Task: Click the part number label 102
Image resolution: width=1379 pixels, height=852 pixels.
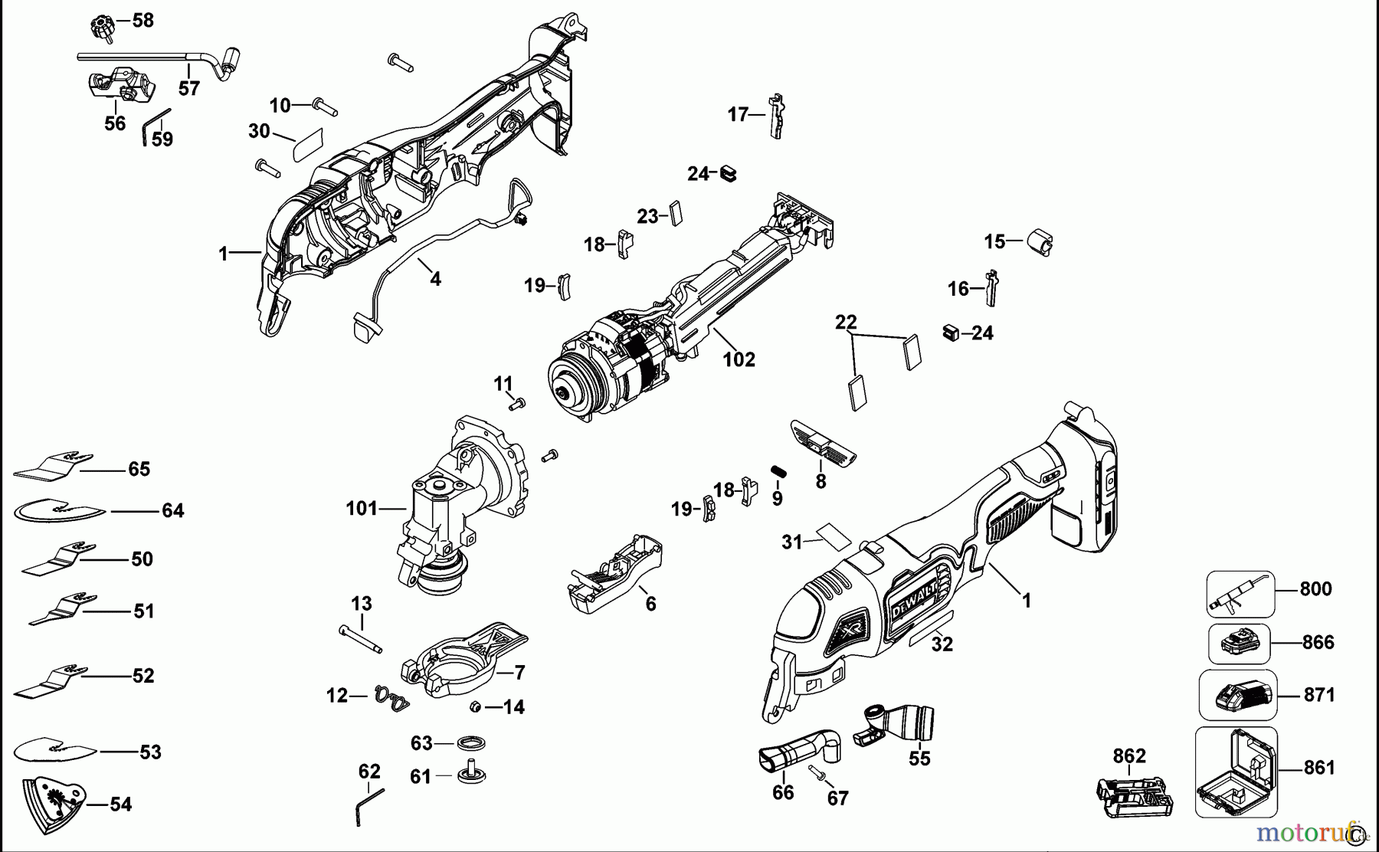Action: pos(739,359)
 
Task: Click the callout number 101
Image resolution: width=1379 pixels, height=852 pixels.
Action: pos(362,508)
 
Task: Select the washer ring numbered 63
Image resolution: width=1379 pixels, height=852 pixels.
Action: pos(470,743)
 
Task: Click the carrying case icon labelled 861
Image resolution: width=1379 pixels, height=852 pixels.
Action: pos(1236,772)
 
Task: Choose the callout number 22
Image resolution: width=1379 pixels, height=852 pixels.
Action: pos(846,322)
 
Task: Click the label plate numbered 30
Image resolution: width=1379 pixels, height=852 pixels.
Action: pos(310,144)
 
